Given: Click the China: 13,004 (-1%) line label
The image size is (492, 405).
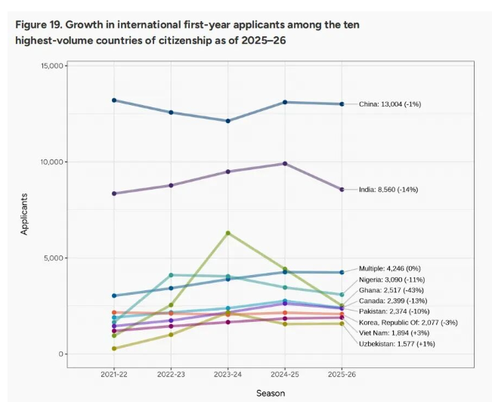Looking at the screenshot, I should coord(390,104).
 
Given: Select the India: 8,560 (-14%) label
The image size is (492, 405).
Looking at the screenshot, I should coord(388,190).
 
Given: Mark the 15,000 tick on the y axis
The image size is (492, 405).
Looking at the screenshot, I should coord(53,66).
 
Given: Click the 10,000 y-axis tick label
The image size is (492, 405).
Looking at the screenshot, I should coord(53,162).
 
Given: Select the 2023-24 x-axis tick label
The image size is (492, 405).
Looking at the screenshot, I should coord(227,374).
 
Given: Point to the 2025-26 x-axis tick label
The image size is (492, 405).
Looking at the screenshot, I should coord(342,374).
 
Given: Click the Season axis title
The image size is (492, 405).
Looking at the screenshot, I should coord(271,394).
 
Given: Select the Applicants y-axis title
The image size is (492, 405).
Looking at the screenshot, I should coord(24,214).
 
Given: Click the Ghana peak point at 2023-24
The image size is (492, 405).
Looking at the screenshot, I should coord(227,233).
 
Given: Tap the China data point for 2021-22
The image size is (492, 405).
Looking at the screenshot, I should coord(114,100).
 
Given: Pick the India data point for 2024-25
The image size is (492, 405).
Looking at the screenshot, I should coord(285,163).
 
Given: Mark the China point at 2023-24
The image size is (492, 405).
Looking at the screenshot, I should coord(227,121).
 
